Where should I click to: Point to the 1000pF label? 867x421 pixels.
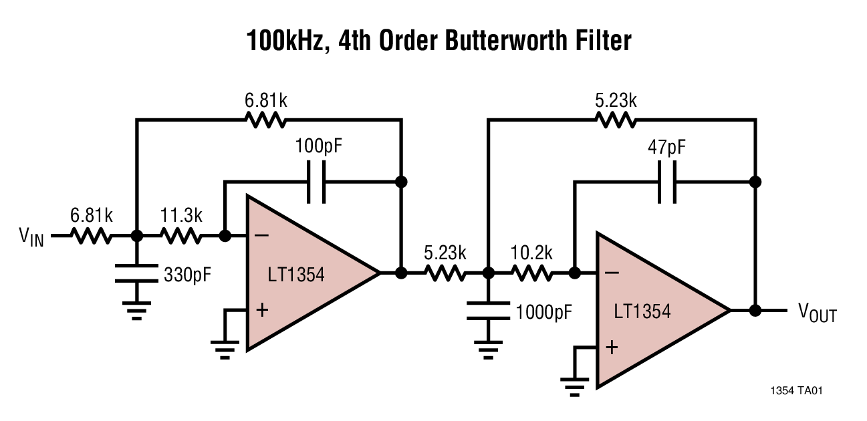pyautogui.click(x=544, y=311)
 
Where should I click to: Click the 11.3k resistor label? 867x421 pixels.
pyautogui.click(x=180, y=216)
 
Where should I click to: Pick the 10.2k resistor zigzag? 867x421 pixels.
pyautogui.click(x=531, y=273)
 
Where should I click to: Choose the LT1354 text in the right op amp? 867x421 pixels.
pyautogui.click(x=642, y=311)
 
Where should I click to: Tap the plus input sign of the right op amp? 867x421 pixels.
pyautogui.click(x=611, y=347)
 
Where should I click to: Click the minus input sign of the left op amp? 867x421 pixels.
pyautogui.click(x=262, y=236)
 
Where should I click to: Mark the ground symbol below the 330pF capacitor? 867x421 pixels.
pyautogui.click(x=136, y=309)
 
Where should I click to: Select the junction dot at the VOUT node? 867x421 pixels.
pyautogui.click(x=755, y=311)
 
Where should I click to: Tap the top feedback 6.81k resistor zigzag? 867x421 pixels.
pyautogui.click(x=266, y=120)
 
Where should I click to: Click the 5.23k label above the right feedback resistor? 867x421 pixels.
pyautogui.click(x=615, y=101)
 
